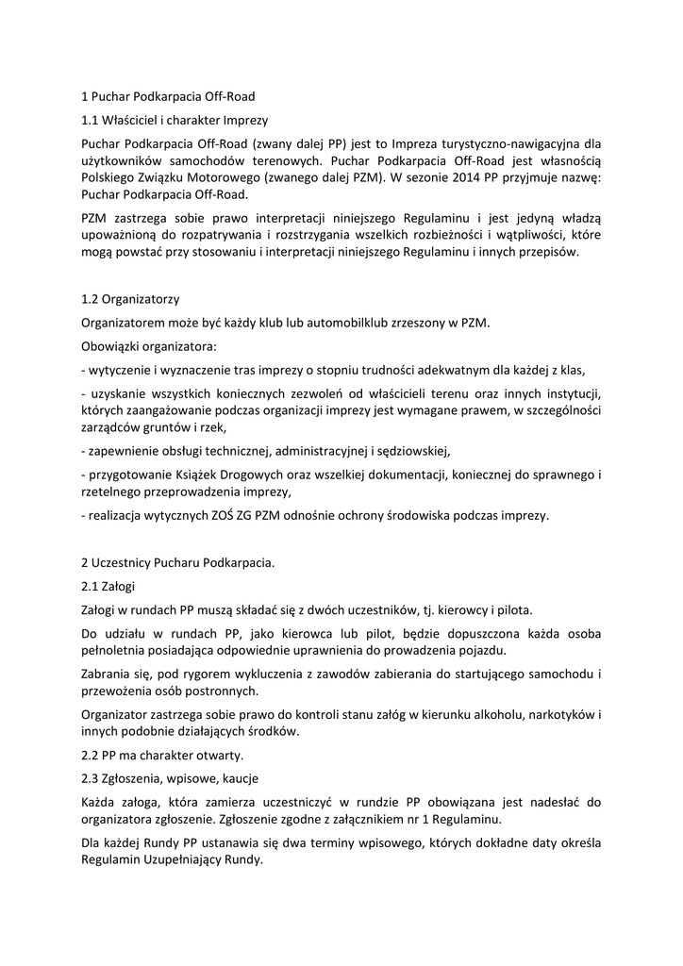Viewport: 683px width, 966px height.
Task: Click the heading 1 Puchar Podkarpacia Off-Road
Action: pos(169,96)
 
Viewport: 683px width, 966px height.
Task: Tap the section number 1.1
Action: pos(91,121)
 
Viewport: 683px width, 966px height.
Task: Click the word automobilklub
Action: pos(318,324)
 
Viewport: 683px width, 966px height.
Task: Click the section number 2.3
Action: pos(91,779)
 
